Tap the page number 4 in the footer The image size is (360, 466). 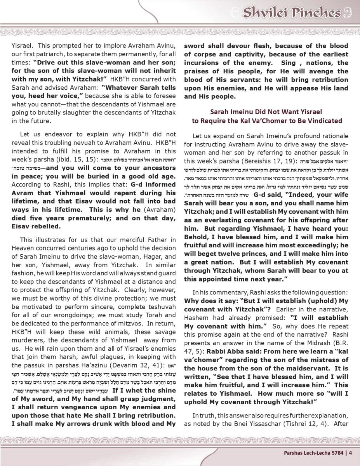(x=350, y=452)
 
